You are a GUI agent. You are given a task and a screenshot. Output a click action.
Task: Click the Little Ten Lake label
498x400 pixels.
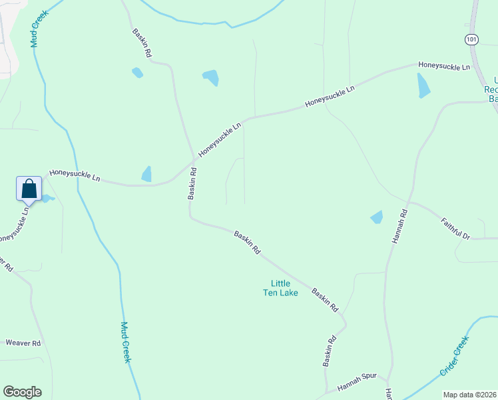click(280, 288)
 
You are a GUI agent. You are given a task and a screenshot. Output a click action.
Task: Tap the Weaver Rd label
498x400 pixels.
click(23, 343)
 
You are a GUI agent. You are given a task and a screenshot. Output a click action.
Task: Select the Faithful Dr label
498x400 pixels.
click(456, 227)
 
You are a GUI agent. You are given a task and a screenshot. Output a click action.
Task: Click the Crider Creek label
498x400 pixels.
click(455, 357)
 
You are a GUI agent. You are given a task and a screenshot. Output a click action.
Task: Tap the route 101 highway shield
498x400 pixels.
click(472, 39)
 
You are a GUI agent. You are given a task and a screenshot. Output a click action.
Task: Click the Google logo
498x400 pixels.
click(22, 392)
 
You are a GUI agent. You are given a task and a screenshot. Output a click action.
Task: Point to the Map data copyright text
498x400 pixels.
click(469, 395)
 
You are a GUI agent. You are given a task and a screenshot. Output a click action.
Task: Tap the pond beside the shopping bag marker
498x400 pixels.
click(47, 197)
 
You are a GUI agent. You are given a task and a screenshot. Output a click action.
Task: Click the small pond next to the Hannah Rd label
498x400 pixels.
click(377, 217)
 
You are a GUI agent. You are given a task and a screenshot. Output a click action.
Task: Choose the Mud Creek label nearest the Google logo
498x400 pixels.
click(126, 342)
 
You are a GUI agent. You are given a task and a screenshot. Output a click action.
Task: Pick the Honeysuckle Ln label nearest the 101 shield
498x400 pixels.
click(444, 66)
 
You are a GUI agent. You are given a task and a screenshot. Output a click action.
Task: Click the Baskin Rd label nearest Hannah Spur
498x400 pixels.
click(330, 351)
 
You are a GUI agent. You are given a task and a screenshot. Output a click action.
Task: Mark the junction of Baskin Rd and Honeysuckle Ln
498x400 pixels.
click(195, 159)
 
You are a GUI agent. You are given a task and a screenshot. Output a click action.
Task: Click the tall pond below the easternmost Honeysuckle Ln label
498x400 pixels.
click(423, 85)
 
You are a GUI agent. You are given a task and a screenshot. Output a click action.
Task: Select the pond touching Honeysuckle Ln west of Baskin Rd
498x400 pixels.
click(146, 174)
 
